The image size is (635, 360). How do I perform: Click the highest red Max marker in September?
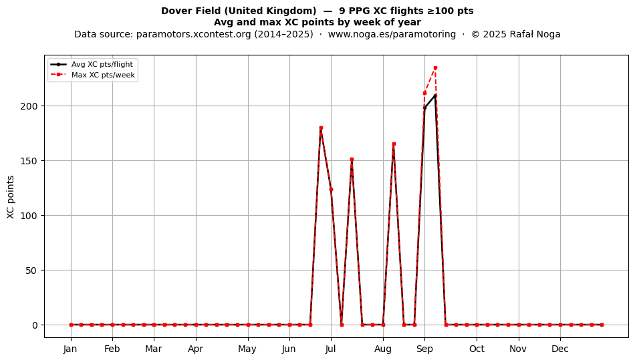tap(435, 68)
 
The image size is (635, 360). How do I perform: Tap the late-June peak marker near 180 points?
tap(321, 128)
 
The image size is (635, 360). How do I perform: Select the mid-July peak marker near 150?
tap(352, 160)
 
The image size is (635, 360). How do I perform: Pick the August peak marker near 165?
tap(394, 144)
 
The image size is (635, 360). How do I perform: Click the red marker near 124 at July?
tap(332, 189)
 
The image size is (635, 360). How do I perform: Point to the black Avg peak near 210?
tap(435, 96)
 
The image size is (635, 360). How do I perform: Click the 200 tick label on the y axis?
tap(30, 106)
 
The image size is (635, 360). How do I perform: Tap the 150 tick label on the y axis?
tap(30, 161)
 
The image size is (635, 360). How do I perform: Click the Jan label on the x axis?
tap(70, 349)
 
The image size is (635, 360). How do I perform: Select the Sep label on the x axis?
tap(425, 349)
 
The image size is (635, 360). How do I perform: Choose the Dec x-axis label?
tap(561, 349)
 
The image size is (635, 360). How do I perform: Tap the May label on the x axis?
tap(247, 349)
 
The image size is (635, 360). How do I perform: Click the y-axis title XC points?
tap(11, 197)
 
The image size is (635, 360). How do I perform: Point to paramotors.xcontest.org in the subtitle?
tap(194, 34)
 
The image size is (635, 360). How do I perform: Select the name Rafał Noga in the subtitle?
tap(536, 34)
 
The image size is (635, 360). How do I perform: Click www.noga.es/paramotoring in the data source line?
tap(392, 34)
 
